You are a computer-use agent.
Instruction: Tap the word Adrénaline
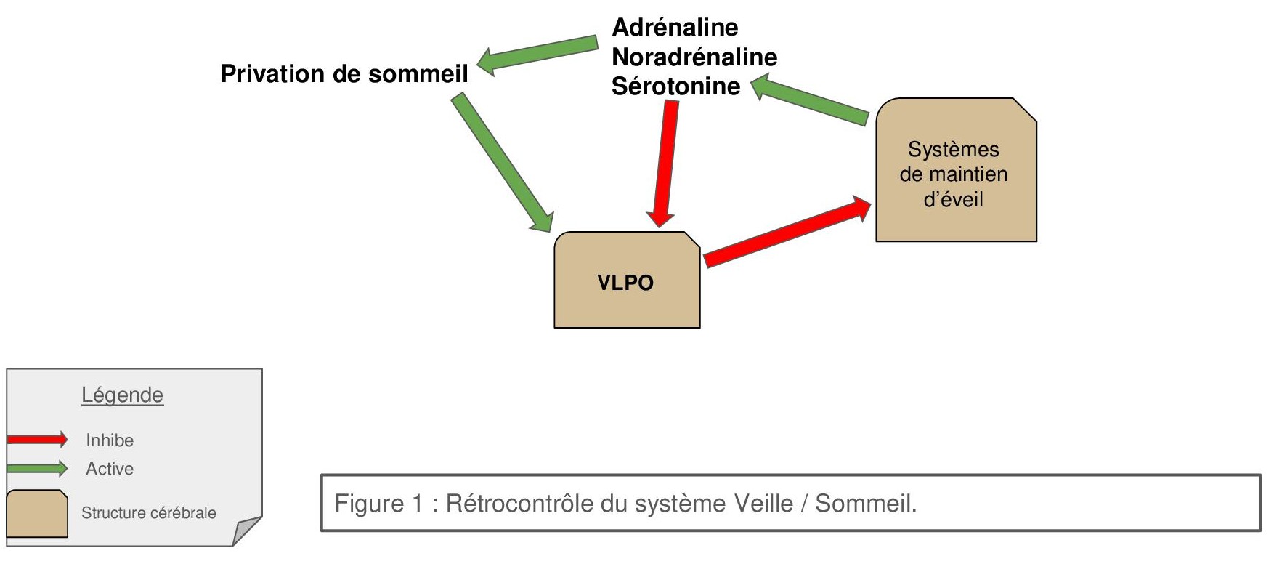[x=675, y=28]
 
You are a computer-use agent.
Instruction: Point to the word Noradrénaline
[x=694, y=57]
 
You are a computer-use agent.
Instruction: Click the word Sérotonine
[x=675, y=86]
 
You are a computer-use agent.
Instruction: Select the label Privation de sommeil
[x=344, y=74]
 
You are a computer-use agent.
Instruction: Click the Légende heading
[x=122, y=395]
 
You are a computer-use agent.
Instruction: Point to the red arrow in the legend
[x=37, y=439]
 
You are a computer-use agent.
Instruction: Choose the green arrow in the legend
[x=37, y=468]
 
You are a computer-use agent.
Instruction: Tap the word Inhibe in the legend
[x=110, y=440]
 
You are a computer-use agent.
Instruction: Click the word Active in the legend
[x=110, y=469]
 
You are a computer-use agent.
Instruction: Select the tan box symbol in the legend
[x=36, y=514]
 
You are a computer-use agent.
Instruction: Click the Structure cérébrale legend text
[x=148, y=513]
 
